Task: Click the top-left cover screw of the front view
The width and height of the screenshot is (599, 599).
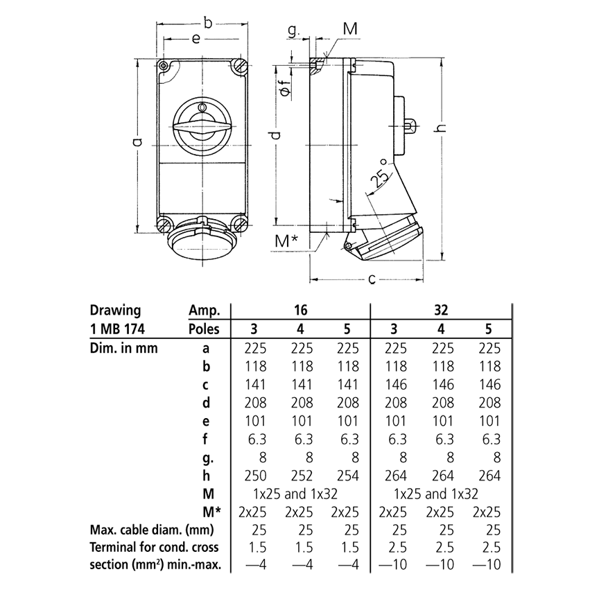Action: coord(164,67)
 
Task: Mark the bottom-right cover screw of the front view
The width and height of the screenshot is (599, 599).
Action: coord(240,224)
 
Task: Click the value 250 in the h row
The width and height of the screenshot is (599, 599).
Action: coord(259,475)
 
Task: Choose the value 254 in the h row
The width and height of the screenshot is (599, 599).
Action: coord(347,475)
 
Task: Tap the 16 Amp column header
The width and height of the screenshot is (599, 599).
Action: coord(301,310)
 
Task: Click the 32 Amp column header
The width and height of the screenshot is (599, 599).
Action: coord(441,310)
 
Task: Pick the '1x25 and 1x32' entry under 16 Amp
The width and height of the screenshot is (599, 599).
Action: coord(300,494)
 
